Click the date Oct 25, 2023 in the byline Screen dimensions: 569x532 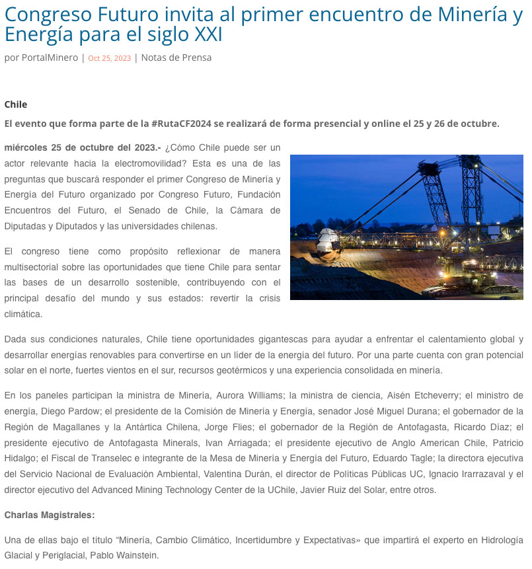pyautogui.click(x=109, y=58)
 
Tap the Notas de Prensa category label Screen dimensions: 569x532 pyautogui.click(x=176, y=57)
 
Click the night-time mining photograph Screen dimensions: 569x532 pyautogui.click(x=406, y=227)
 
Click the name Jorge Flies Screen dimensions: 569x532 pyautogui.click(x=229, y=427)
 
